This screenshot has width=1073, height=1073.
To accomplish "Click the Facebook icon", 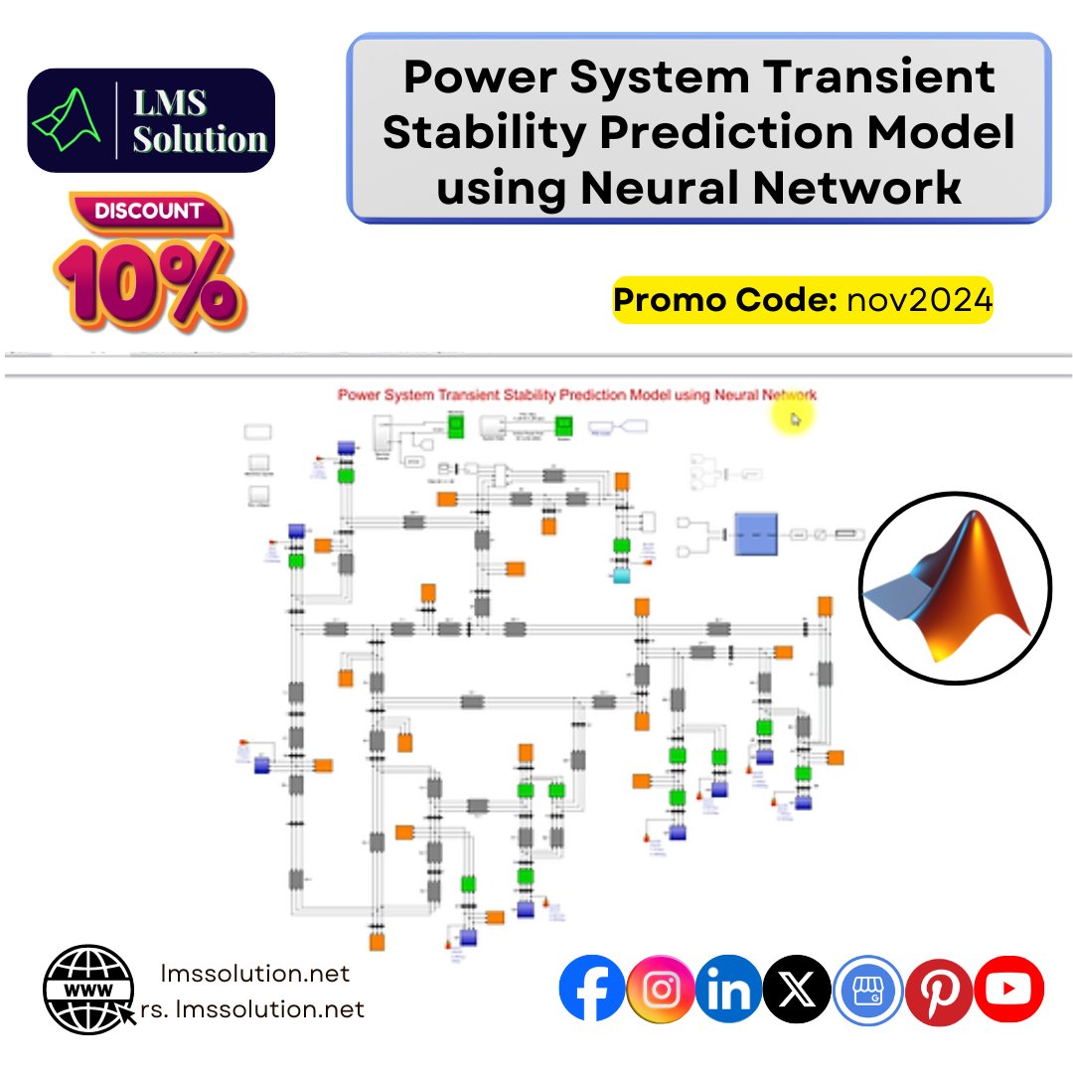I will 592,989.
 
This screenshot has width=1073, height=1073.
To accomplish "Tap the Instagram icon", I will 661,989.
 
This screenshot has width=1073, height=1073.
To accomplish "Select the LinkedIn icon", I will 728,989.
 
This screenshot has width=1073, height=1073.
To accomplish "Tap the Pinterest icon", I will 939,989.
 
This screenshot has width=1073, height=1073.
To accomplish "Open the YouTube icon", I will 1008,989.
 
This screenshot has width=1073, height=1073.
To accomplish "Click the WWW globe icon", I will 88,990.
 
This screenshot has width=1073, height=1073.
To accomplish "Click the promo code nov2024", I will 919,301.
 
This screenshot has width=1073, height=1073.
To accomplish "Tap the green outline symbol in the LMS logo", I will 71,120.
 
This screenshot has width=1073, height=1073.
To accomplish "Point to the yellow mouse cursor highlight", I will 793,418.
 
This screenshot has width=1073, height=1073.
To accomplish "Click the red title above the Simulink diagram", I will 576,394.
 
